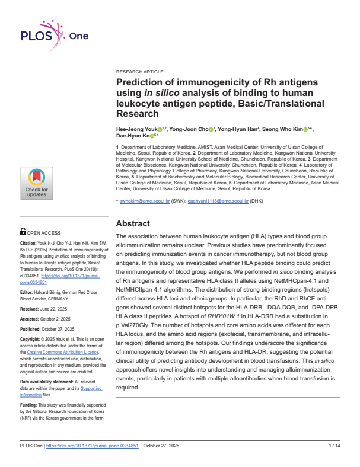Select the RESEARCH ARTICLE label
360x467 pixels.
tap(139, 71)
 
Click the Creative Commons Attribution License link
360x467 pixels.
tap(58, 352)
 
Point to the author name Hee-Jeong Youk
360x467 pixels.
tap(136, 129)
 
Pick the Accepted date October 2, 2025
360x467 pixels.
tap(61, 318)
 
